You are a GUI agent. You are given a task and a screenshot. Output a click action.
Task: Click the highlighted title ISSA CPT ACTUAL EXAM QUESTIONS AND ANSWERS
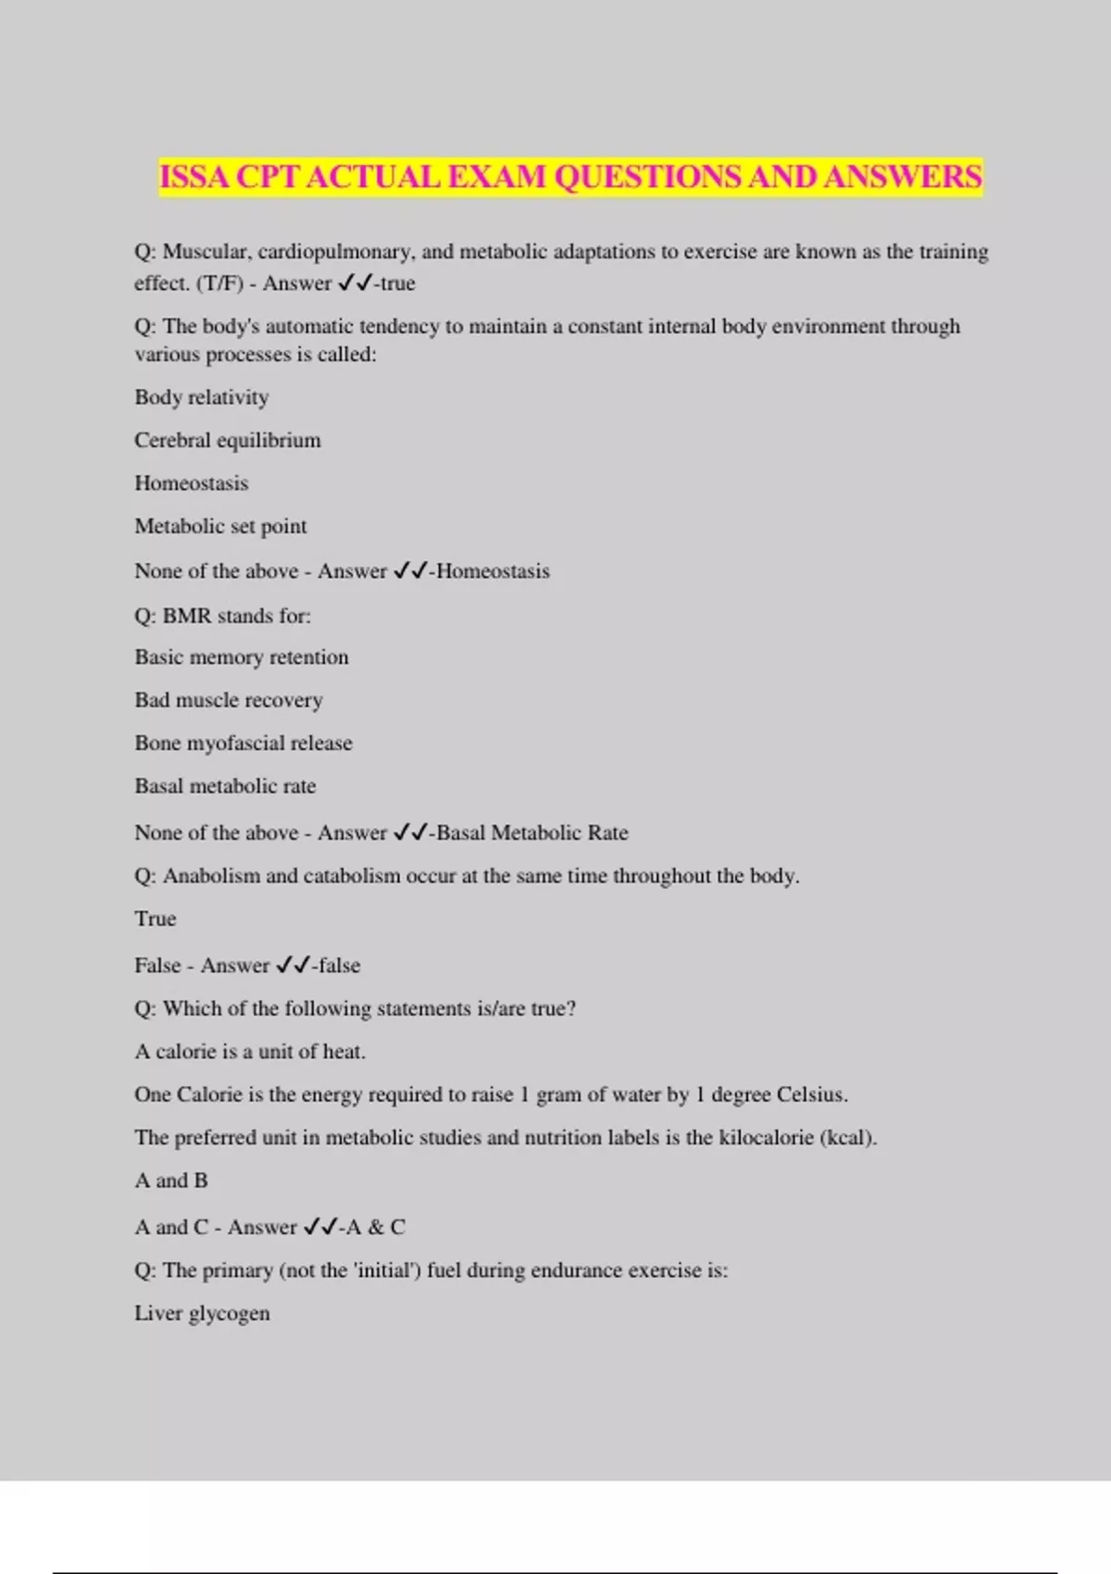click(570, 176)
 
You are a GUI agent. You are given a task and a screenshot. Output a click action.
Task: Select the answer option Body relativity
click(202, 397)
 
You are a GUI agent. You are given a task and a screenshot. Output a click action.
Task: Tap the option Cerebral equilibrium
click(228, 440)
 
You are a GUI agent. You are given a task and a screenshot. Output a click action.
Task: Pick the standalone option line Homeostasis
click(192, 483)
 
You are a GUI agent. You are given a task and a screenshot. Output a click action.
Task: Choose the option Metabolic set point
click(220, 526)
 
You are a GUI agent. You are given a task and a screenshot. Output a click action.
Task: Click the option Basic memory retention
click(242, 657)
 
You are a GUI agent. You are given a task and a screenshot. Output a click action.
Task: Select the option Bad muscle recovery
click(229, 700)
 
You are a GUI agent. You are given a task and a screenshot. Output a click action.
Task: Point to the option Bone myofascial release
click(243, 743)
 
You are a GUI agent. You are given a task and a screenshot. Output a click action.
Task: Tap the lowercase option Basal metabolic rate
click(225, 786)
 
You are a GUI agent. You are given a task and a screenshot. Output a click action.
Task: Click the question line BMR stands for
click(222, 616)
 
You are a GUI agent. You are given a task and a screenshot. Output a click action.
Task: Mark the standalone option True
click(156, 918)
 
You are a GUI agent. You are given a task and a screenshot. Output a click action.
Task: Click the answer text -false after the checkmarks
click(337, 966)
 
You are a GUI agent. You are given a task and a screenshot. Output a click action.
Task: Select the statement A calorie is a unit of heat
click(250, 1052)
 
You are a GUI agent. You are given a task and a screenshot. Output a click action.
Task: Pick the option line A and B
click(171, 1180)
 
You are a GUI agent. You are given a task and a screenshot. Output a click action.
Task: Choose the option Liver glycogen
click(202, 1314)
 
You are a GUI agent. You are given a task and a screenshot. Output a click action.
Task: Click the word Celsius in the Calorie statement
click(812, 1094)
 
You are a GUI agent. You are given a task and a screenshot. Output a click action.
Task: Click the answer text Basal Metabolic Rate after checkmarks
click(532, 832)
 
